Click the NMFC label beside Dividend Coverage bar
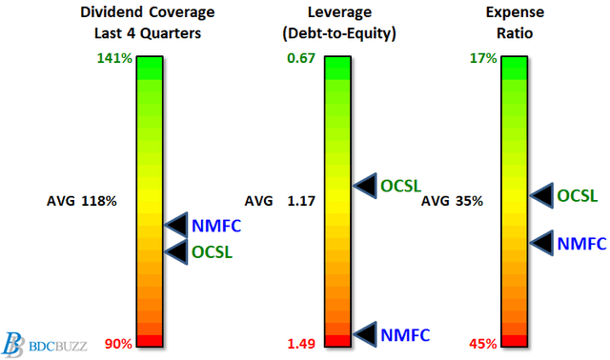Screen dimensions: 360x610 coord(216,226)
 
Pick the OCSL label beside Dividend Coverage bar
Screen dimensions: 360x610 coord(212,251)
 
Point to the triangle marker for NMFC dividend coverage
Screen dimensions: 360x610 coord(175,226)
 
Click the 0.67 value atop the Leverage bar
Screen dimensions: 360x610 coord(301,58)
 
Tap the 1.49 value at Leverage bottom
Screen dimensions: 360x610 coord(301,343)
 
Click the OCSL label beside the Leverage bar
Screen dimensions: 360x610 coord(400,185)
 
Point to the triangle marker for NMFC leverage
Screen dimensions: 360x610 coord(364,333)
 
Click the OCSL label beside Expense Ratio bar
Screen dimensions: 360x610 coord(578,195)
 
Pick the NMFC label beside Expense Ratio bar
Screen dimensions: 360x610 coord(581,243)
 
